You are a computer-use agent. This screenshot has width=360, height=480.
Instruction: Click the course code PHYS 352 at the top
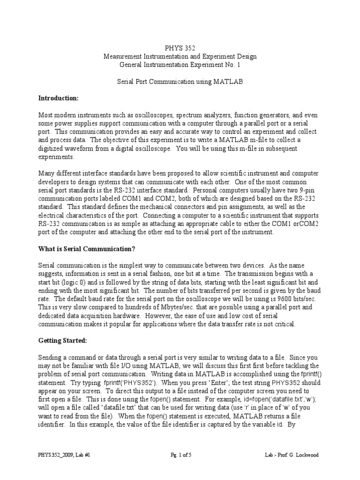[x=180, y=48]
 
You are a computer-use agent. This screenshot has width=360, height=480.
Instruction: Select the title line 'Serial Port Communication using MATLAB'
[x=180, y=82]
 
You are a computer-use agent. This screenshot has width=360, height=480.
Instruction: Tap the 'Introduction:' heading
[x=58, y=98]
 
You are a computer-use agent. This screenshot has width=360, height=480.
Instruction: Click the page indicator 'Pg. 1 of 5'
[x=180, y=455]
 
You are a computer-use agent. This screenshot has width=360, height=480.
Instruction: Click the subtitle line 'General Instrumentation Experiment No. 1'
[x=180, y=65]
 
